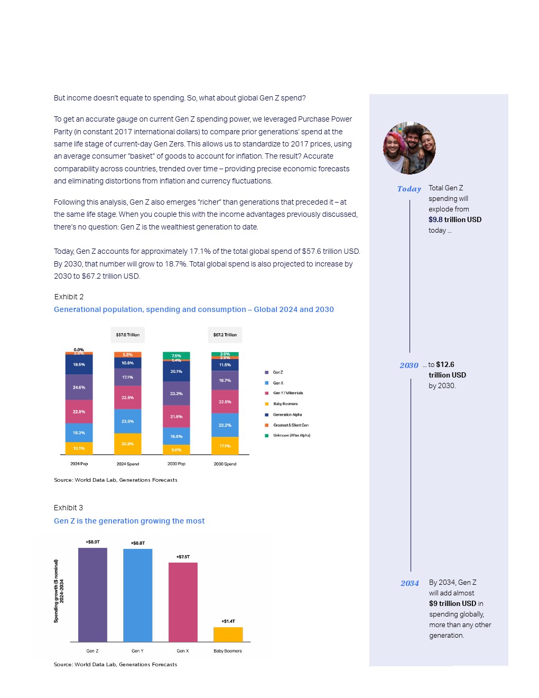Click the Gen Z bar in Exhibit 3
point(92,594)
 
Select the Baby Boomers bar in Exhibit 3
point(228,634)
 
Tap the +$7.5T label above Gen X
point(183,557)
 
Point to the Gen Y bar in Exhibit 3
point(137,595)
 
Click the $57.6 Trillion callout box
point(128,335)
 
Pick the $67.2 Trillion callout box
point(225,335)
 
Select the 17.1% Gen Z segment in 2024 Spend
point(128,377)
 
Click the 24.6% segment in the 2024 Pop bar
point(79,387)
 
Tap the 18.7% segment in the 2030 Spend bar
point(225,380)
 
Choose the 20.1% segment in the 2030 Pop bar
point(176,371)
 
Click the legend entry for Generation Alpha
point(287,415)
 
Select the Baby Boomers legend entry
point(285,404)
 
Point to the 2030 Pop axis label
point(176,464)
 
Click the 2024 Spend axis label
point(128,464)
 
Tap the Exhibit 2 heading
point(69,297)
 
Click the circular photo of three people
point(410,148)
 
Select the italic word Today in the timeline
point(409,189)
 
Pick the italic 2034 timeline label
point(410,583)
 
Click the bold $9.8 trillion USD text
point(455,219)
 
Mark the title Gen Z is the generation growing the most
point(129,521)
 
